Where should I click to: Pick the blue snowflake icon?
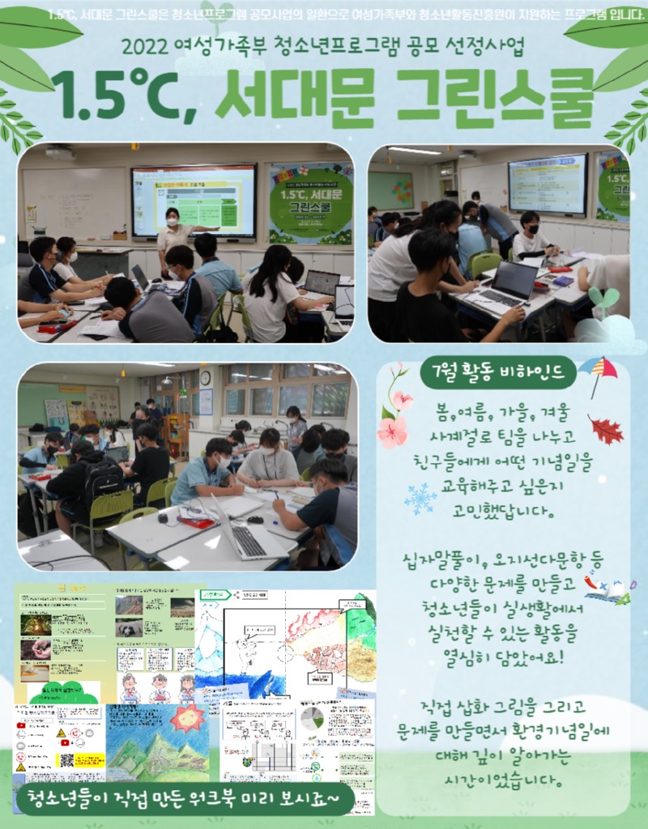[420, 499]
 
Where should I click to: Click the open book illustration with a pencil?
[612, 589]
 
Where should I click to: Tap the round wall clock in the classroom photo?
[205, 377]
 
